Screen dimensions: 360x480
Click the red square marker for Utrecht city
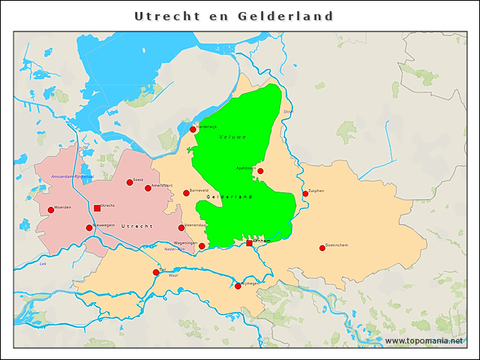97,208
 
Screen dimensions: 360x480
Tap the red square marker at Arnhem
250,243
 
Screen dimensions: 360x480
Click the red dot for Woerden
51,210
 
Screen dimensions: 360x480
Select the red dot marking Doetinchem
322,248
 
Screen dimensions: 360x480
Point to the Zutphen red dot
305,193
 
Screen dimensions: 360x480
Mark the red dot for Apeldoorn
260,171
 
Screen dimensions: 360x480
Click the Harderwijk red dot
193,130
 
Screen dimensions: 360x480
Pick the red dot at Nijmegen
238,286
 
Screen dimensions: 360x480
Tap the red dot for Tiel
156,272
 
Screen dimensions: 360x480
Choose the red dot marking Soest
130,182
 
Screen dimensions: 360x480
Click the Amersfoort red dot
148,188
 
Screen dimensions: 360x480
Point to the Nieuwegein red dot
89,228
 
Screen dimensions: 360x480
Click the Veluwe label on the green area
232,137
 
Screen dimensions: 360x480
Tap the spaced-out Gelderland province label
229,196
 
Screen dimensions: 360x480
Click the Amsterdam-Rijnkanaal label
71,176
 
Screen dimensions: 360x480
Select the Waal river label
172,276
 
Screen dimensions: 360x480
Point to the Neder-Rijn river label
174,249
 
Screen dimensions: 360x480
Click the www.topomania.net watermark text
424,341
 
